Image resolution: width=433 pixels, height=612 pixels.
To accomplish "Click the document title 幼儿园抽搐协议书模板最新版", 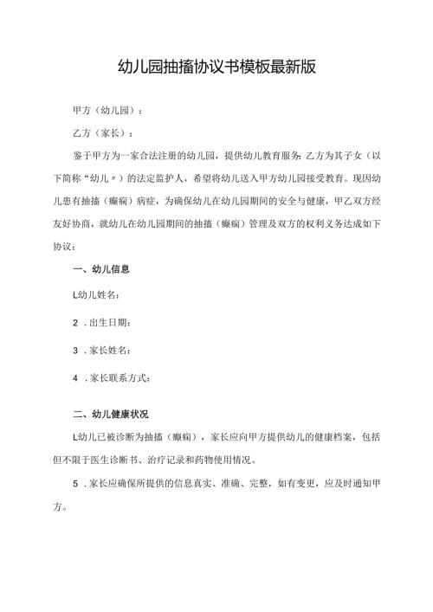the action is coord(216,68).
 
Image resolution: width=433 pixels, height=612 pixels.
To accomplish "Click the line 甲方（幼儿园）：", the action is coord(109,112).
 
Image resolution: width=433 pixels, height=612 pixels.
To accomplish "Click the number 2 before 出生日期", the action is coord(77,323).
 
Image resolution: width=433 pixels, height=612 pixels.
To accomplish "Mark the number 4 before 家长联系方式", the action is coord(77,378).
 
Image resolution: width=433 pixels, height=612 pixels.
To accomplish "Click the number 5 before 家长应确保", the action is coord(77,480).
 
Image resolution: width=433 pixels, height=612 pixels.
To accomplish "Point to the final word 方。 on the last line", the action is coord(55,503).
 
